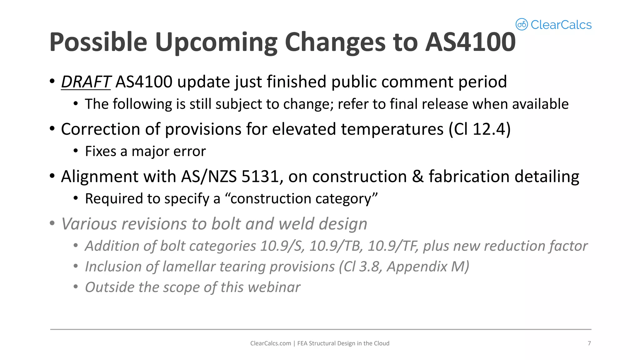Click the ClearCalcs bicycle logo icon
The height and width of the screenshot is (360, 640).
pyautogui.click(x=521, y=24)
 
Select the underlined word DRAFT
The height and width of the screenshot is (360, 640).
pyautogui.click(x=86, y=82)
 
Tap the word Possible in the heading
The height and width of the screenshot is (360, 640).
pyautogui.click(x=98, y=42)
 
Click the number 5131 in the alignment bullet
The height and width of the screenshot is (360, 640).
pyautogui.click(x=260, y=177)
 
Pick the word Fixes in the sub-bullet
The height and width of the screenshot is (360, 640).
pyautogui.click(x=100, y=152)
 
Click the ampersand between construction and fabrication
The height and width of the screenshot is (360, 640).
pyautogui.click(x=417, y=177)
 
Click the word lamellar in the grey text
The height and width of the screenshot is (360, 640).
pyautogui.click(x=189, y=267)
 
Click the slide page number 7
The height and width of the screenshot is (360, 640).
pyautogui.click(x=589, y=343)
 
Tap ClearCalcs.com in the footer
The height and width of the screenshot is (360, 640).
pyautogui.click(x=270, y=343)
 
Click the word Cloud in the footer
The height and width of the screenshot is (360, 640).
pyautogui.click(x=382, y=343)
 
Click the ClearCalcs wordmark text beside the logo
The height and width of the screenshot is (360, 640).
pyautogui.click(x=561, y=25)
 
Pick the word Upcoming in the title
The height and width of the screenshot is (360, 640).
pyautogui.click(x=216, y=42)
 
